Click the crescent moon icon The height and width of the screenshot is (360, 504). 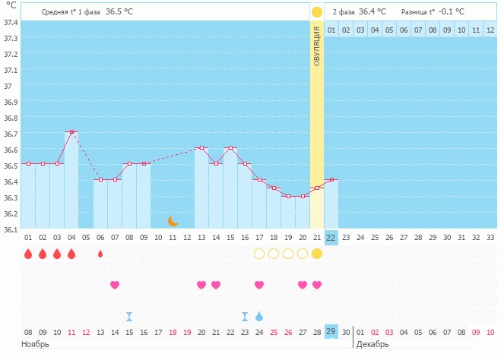[x=173, y=221]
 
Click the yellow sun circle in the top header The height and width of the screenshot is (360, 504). [x=316, y=12]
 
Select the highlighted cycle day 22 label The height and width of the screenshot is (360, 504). [x=331, y=238]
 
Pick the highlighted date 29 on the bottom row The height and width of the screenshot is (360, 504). [x=331, y=332]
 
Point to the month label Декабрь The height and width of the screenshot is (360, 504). [x=373, y=345]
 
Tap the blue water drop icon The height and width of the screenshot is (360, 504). [x=259, y=316]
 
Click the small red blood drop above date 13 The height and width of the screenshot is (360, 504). [x=100, y=254]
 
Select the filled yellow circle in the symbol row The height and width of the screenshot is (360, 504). [x=317, y=254]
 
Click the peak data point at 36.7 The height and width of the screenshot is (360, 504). [x=71, y=132]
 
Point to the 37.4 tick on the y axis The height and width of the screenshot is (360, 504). [x=11, y=22]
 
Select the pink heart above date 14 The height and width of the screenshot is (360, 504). [x=115, y=285]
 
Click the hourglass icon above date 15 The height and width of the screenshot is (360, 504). [x=129, y=316]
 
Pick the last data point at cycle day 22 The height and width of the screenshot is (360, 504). [x=331, y=180]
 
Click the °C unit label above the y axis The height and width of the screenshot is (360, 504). [x=11, y=5]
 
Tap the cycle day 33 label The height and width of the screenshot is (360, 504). [x=490, y=238]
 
